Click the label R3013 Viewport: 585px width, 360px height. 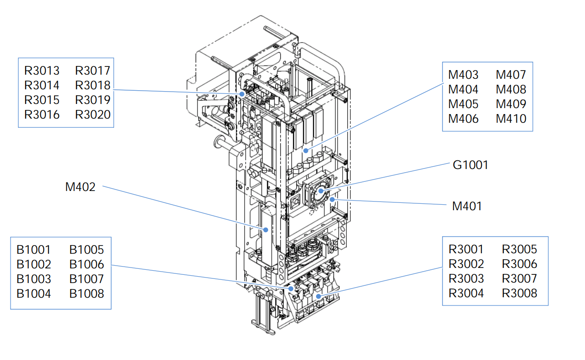(42, 71)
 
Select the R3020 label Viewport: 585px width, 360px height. (93, 115)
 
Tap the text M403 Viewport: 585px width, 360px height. (463, 75)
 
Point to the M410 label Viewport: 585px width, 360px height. (511, 119)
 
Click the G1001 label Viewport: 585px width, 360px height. (470, 164)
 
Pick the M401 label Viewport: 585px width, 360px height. (467, 206)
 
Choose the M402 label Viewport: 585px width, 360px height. (80, 187)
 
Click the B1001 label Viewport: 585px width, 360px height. (33, 250)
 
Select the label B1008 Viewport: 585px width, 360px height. (87, 294)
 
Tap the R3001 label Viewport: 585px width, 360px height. (466, 249)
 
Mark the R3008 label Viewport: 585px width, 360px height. (519, 293)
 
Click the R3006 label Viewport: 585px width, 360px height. (519, 264)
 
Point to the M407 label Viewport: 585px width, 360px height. (511, 75)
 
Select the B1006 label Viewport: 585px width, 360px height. (87, 264)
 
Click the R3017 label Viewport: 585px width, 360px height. (93, 71)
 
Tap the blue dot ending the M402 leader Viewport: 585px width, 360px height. (265, 229)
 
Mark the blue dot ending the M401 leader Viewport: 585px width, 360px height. (333, 200)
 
